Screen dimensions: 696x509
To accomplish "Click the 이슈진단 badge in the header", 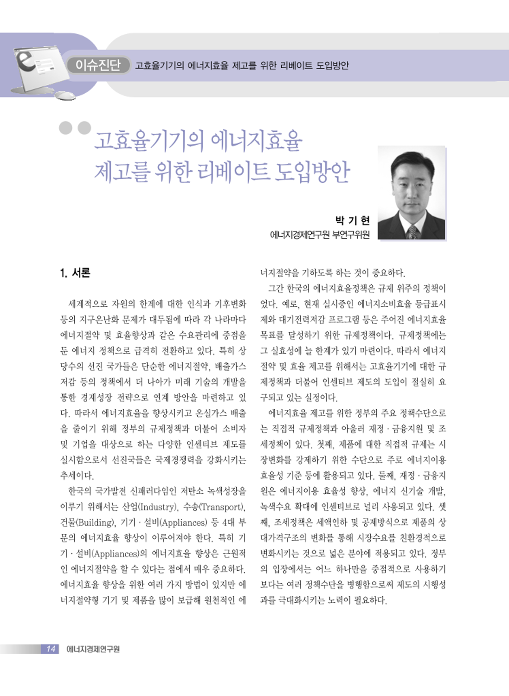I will tap(98, 65).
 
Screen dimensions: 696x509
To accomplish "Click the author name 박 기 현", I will tap(352, 220).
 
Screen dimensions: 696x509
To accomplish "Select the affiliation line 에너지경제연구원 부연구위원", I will tap(320, 235).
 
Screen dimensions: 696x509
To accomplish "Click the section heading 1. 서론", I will tap(75, 273).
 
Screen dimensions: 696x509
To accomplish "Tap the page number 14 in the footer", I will tap(51, 649).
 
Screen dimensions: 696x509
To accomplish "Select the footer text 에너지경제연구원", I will tap(93, 649).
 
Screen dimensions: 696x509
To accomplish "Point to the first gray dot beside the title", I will tap(66, 128).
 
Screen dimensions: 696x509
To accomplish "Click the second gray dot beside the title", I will tap(84, 128).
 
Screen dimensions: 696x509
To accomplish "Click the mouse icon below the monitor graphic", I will tap(64, 96).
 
